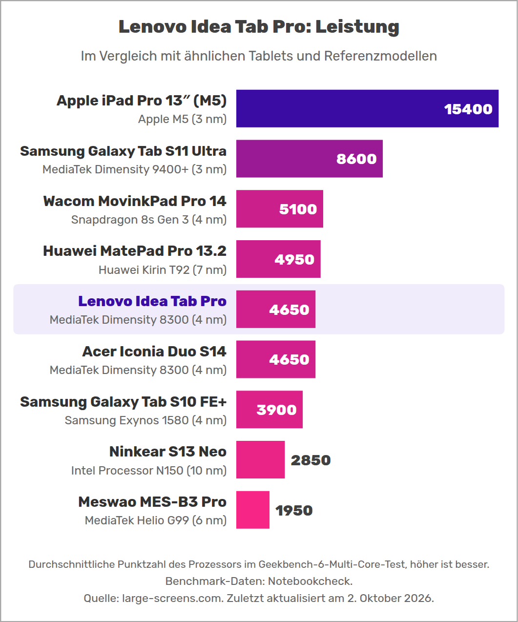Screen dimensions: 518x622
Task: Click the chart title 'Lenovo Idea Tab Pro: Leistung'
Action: [x=259, y=27]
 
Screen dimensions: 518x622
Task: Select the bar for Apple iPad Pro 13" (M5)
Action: [x=367, y=108]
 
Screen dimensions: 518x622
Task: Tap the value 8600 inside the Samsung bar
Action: [x=356, y=159]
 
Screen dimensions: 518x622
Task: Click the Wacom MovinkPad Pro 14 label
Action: [x=135, y=201]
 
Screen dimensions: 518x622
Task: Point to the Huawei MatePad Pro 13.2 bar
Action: [x=278, y=259]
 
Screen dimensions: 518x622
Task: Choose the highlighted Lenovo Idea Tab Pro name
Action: [x=152, y=301]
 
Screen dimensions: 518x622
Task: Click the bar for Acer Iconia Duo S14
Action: [x=276, y=359]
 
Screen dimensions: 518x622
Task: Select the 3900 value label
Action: [x=276, y=410]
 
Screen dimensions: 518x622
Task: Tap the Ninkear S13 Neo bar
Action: [x=260, y=459]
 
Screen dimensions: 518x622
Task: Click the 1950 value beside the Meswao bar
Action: [x=294, y=510]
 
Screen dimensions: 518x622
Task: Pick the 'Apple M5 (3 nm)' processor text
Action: [x=182, y=119]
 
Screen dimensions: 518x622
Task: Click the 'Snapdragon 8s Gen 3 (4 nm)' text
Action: [x=149, y=220]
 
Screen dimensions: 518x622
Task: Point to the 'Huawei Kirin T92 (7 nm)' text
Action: [x=163, y=270]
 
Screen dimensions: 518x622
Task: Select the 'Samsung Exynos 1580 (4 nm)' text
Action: [x=145, y=420]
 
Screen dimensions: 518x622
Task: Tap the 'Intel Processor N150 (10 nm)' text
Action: [x=149, y=471]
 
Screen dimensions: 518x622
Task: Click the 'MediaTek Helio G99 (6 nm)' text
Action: [x=156, y=520]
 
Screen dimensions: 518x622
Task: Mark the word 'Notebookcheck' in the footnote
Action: [x=310, y=581]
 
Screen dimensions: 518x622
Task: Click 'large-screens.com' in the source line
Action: [x=172, y=598]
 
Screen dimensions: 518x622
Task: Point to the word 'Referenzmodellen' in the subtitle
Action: [x=380, y=56]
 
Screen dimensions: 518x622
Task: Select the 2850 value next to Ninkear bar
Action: [x=311, y=460]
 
